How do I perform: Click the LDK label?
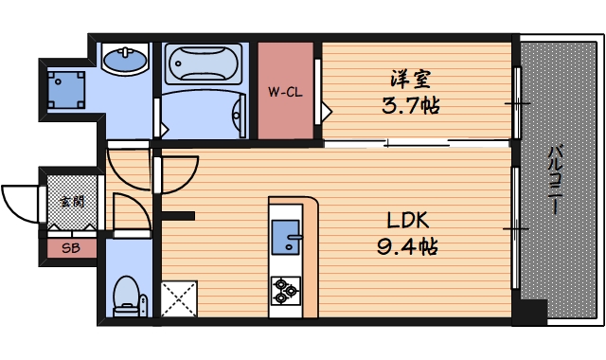tap(408, 220)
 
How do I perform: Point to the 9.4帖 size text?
tap(408, 248)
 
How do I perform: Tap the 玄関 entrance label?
tap(71, 201)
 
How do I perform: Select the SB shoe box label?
tap(70, 249)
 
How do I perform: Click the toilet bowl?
tap(124, 295)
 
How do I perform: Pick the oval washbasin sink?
tap(125, 63)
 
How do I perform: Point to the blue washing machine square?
tap(66, 88)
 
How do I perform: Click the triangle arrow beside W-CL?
tap(326, 111)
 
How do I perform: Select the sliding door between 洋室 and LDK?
tap(417, 144)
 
